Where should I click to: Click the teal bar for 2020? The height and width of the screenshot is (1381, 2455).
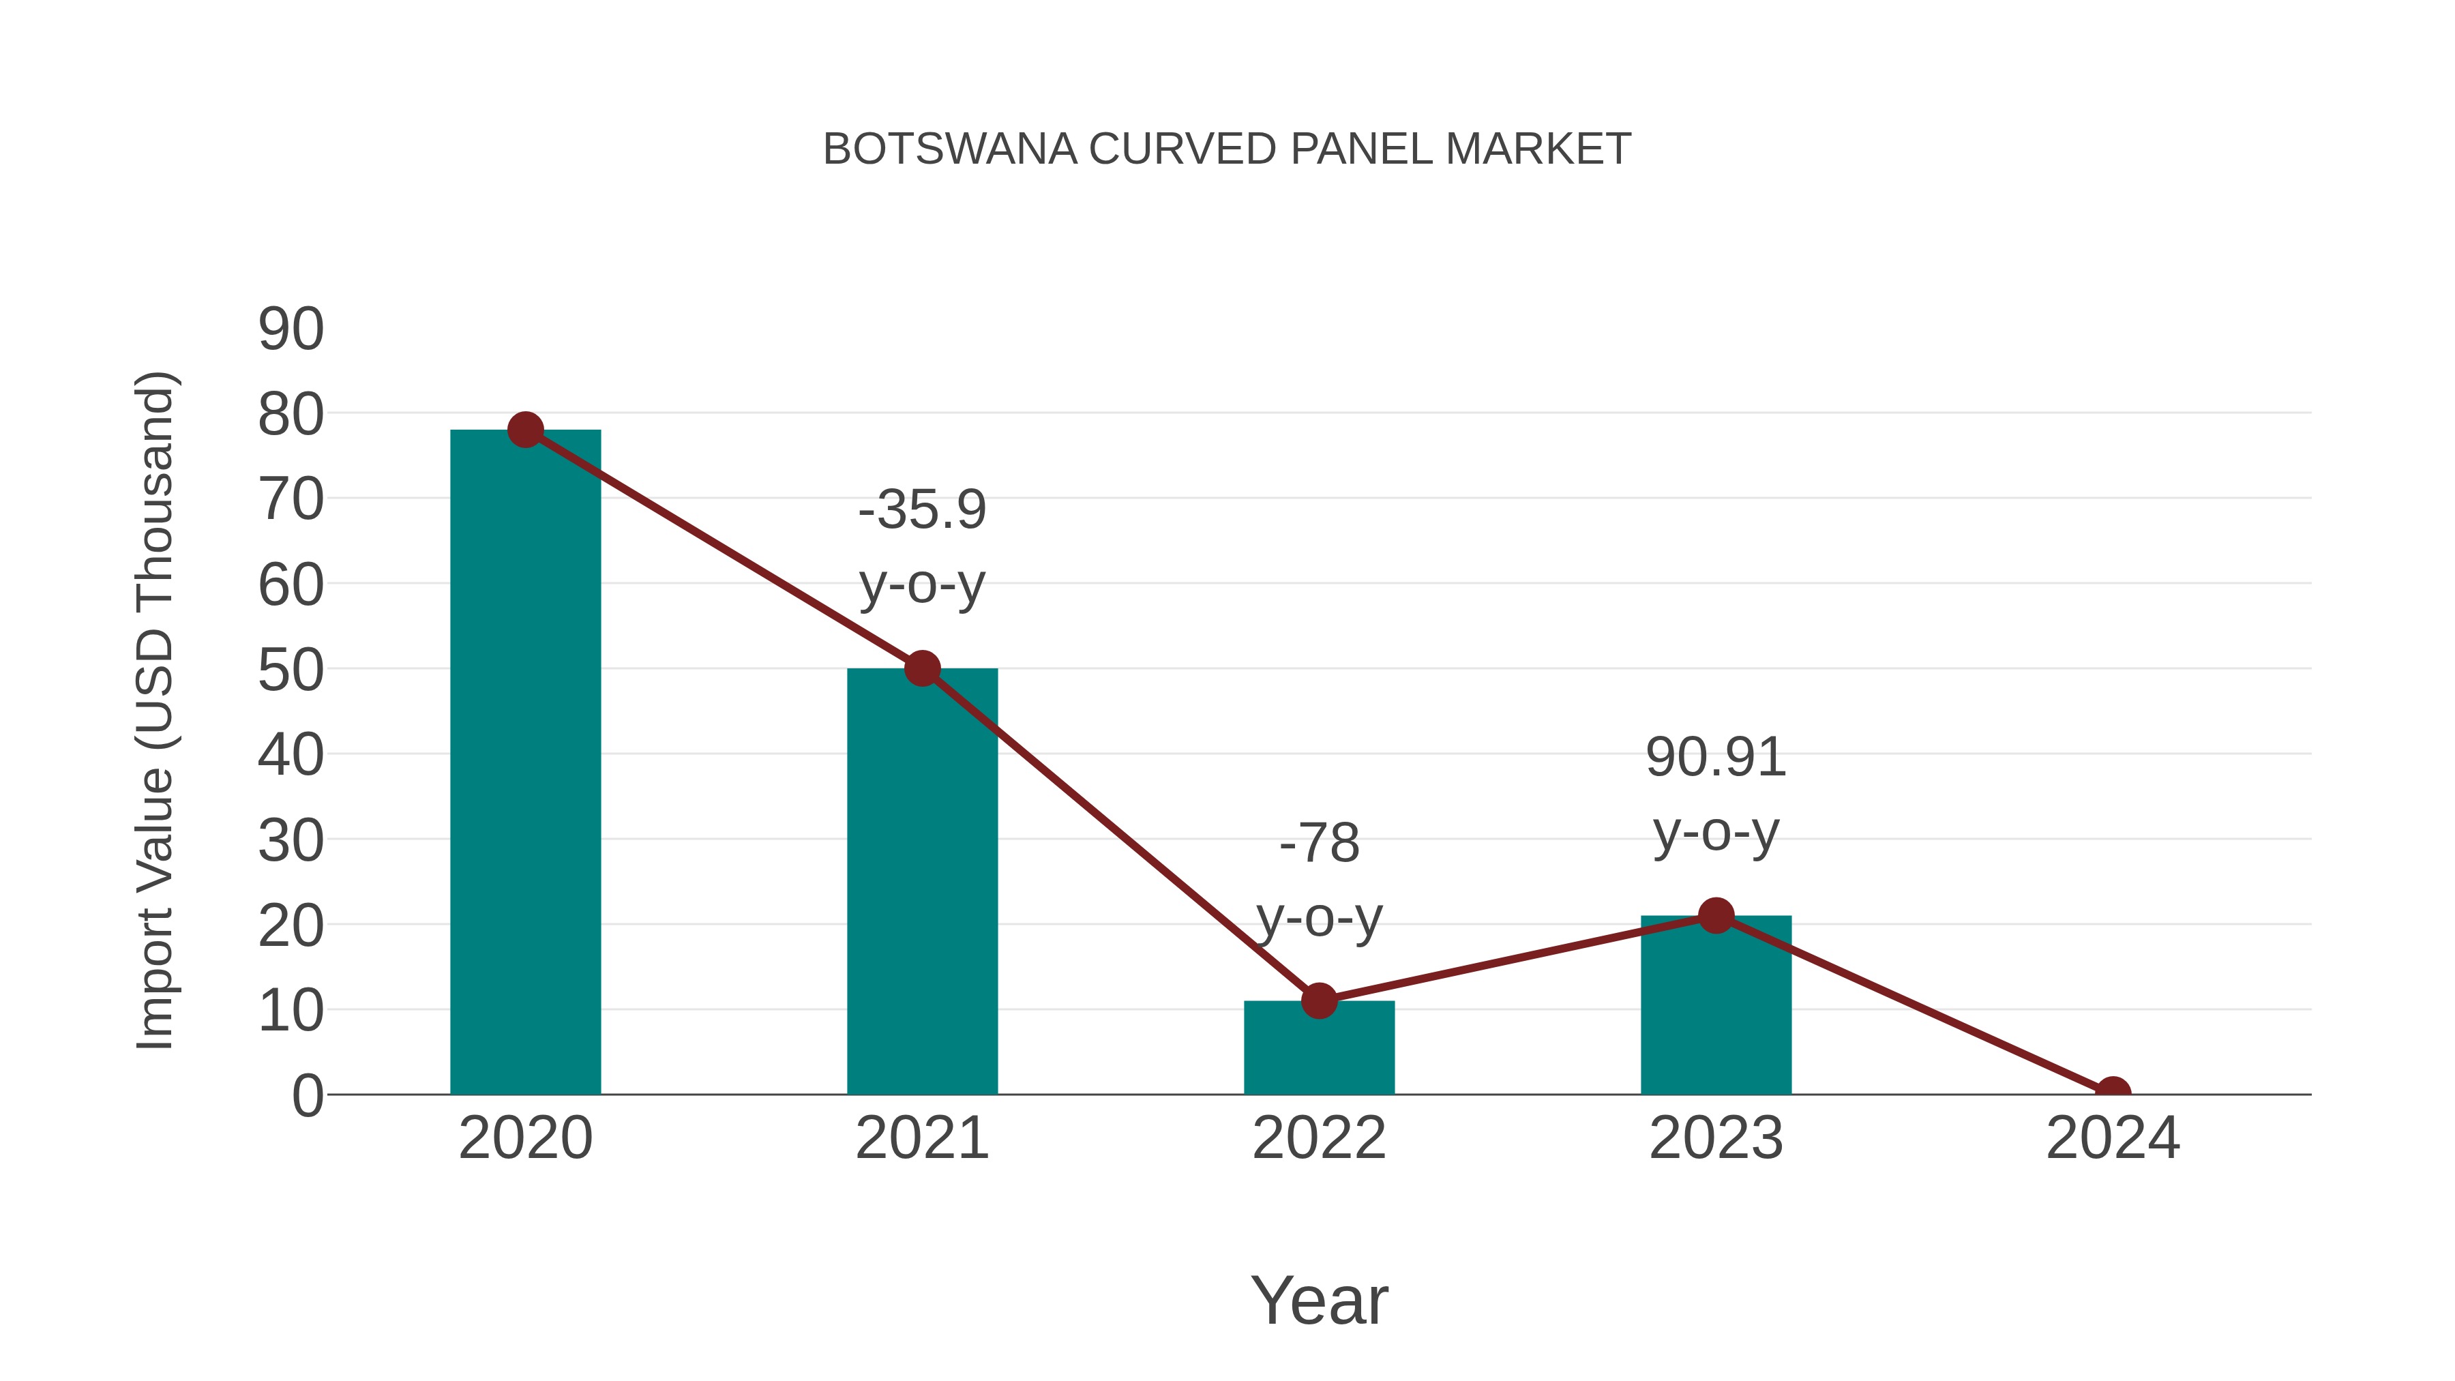coord(525,762)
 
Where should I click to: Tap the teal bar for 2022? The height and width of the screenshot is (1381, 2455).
coord(1319,1048)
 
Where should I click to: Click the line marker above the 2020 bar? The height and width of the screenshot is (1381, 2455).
coord(525,430)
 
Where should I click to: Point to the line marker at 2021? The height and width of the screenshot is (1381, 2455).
coord(921,668)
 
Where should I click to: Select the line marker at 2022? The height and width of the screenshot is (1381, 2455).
coord(1319,1000)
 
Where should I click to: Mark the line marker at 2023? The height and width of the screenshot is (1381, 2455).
coord(1716,916)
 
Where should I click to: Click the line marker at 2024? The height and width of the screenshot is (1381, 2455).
coord(2113,1093)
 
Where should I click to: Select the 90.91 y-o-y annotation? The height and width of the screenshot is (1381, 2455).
coord(1716,795)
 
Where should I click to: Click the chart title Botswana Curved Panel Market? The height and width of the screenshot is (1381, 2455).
coord(1227,149)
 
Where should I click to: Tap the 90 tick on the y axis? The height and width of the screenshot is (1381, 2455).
coord(291,330)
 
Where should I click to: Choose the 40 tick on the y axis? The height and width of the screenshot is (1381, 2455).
coord(291,756)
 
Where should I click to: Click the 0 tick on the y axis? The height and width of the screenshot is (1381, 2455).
coord(307,1096)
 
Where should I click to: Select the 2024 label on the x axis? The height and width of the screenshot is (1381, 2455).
coord(2113,1138)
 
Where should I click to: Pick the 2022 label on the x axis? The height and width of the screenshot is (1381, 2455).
coord(1319,1138)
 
